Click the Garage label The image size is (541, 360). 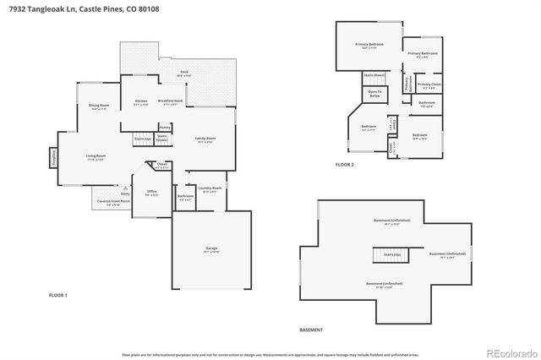point(211,250)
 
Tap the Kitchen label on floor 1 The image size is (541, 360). point(141,103)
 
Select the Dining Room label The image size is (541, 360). point(99,107)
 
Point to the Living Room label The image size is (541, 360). point(95,157)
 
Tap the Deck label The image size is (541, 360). point(183,74)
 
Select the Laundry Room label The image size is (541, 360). point(211,188)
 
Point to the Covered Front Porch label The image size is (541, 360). point(112,203)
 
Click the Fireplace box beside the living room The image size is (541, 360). point(53,157)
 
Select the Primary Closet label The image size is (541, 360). point(429,85)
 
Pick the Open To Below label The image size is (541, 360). point(374,93)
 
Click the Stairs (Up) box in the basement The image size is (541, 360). point(391,254)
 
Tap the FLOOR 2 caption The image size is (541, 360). point(345,164)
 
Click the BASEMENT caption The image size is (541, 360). point(311,329)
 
